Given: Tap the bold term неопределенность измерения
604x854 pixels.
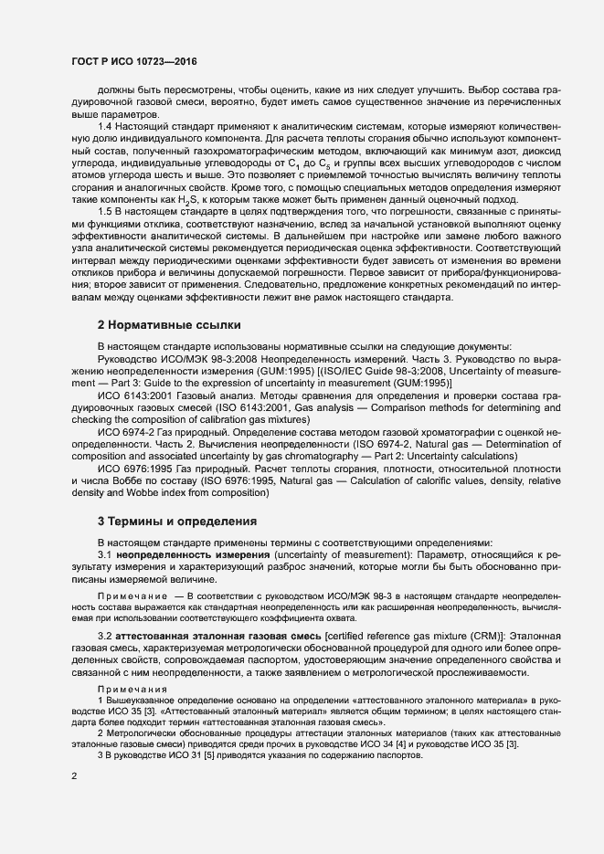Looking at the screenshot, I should (193, 555).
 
